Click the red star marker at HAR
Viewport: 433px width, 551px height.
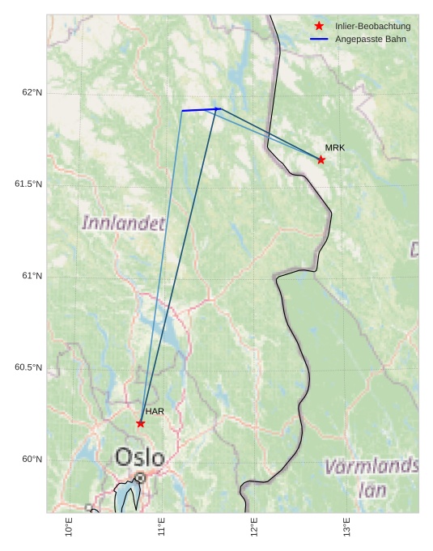point(141,423)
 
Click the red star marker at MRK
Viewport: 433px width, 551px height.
point(321,159)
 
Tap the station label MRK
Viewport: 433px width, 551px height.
point(335,147)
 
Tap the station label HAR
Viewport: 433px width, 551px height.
point(155,411)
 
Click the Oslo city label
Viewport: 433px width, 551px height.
point(139,457)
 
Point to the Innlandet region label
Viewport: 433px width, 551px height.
point(124,223)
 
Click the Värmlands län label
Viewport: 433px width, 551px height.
point(371,477)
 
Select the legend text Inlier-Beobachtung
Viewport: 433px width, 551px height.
point(372,26)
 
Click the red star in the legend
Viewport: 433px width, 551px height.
point(319,26)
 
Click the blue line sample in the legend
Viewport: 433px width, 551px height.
point(319,39)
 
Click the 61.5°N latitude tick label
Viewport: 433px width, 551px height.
point(28,184)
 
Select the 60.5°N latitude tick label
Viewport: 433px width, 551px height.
point(28,367)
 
